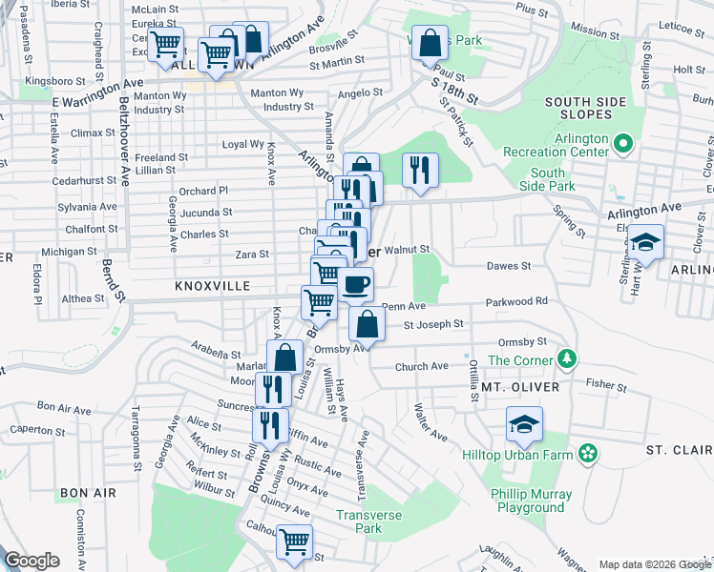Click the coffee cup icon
click(x=355, y=283)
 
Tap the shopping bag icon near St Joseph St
click(x=367, y=323)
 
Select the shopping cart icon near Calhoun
click(x=295, y=542)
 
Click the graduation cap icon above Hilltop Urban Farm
click(x=524, y=424)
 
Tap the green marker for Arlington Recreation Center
click(x=624, y=144)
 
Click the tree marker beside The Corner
click(x=568, y=358)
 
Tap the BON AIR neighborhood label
click(x=87, y=493)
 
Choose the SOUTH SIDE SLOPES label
click(x=585, y=110)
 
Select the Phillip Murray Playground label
click(x=532, y=500)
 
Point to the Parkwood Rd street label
click(x=515, y=301)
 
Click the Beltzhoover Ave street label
click(x=124, y=138)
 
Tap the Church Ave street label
click(x=421, y=366)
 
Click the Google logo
click(x=31, y=561)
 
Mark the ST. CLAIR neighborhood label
click(x=678, y=449)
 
